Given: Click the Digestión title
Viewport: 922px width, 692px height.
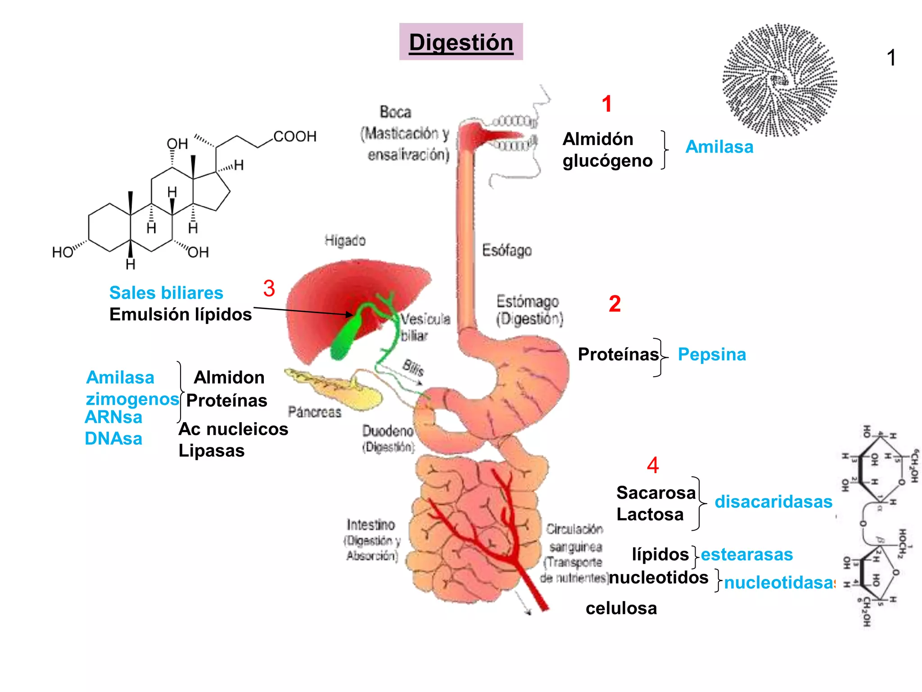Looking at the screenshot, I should tap(461, 42).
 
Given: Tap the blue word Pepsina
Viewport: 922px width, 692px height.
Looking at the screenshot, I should tap(712, 355).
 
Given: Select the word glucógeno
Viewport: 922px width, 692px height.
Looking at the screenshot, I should tap(607, 161).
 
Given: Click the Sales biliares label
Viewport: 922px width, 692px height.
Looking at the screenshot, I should tap(166, 293).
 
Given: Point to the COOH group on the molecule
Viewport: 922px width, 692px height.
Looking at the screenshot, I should tap(295, 136).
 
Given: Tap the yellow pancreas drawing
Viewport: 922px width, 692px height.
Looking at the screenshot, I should tap(342, 387).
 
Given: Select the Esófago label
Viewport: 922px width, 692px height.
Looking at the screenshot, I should tap(507, 250).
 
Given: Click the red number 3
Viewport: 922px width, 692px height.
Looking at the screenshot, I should tap(269, 288).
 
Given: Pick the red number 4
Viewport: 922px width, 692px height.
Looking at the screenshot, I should tap(653, 465).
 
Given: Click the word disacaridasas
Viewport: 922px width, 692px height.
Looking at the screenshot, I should tap(773, 502).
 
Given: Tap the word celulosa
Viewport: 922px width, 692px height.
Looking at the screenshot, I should tap(621, 608).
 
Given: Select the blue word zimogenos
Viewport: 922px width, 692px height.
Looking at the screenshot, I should tap(132, 399).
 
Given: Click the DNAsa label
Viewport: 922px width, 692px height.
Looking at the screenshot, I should tap(113, 438).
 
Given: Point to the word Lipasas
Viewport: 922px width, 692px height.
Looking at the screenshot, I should tap(212, 451).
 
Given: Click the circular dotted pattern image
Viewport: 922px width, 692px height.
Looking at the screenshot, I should tap(780, 80).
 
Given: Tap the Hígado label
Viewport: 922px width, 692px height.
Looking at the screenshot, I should tap(345, 241).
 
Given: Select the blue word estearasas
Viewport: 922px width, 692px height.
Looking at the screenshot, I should tap(747, 555).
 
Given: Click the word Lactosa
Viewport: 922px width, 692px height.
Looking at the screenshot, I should tap(650, 514).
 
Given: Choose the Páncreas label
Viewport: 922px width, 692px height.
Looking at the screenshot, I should tap(315, 412).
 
